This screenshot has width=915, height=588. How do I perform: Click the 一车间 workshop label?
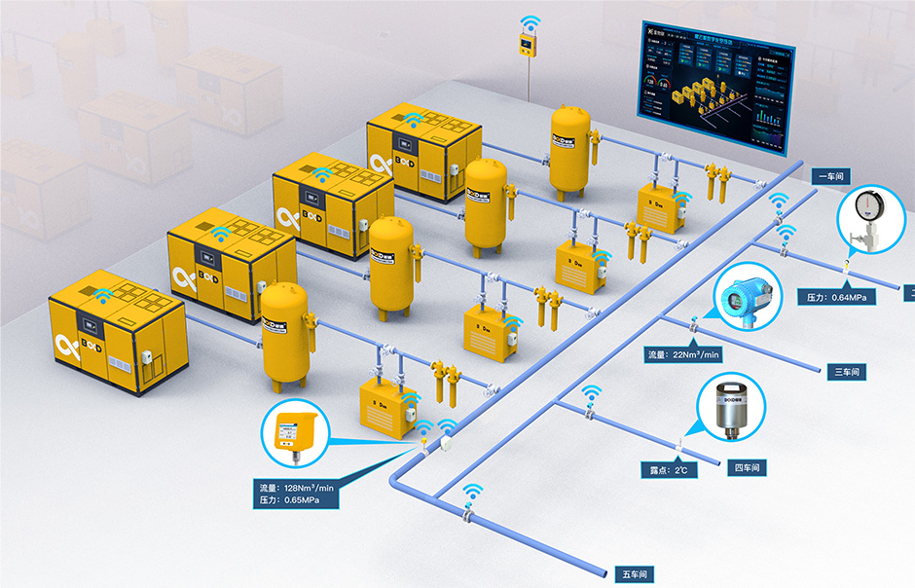coord(832,176)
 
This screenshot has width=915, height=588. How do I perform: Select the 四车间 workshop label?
coord(745,468)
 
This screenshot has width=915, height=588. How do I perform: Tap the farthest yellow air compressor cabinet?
coord(424,156)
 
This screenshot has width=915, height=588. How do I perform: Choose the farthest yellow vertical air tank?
coord(570,148)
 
